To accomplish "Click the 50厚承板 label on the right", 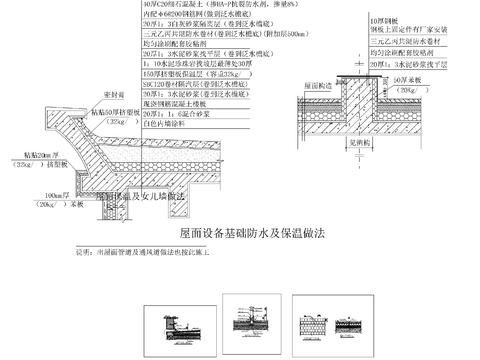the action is point(411,77).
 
